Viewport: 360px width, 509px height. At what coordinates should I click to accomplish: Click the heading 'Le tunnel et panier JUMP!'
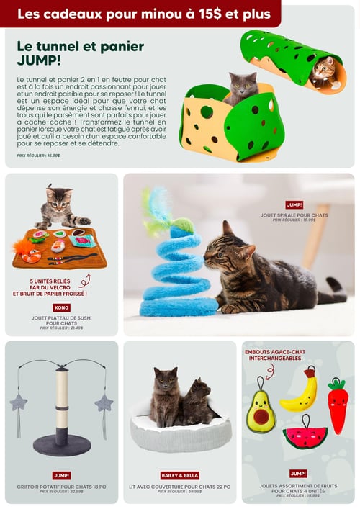(80, 53)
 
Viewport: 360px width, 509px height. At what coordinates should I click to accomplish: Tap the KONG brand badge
(62, 307)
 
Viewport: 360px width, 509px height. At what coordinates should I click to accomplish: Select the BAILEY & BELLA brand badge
(179, 475)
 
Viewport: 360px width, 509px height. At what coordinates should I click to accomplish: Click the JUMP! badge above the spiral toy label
(294, 205)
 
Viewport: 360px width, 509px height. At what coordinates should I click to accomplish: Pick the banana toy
(300, 392)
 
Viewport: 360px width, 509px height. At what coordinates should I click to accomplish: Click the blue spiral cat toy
(177, 274)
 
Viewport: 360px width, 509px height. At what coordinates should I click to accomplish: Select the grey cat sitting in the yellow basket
(243, 87)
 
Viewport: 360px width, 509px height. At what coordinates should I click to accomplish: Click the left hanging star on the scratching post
(18, 402)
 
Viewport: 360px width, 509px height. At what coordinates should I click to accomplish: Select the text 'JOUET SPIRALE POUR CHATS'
(294, 215)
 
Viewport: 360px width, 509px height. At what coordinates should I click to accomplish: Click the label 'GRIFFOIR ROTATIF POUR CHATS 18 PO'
(61, 487)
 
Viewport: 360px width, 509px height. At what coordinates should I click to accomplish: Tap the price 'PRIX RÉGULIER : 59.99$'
(179, 492)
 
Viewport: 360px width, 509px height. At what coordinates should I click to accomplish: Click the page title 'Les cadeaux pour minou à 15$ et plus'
(144, 14)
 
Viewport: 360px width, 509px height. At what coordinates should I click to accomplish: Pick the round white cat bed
(180, 432)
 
